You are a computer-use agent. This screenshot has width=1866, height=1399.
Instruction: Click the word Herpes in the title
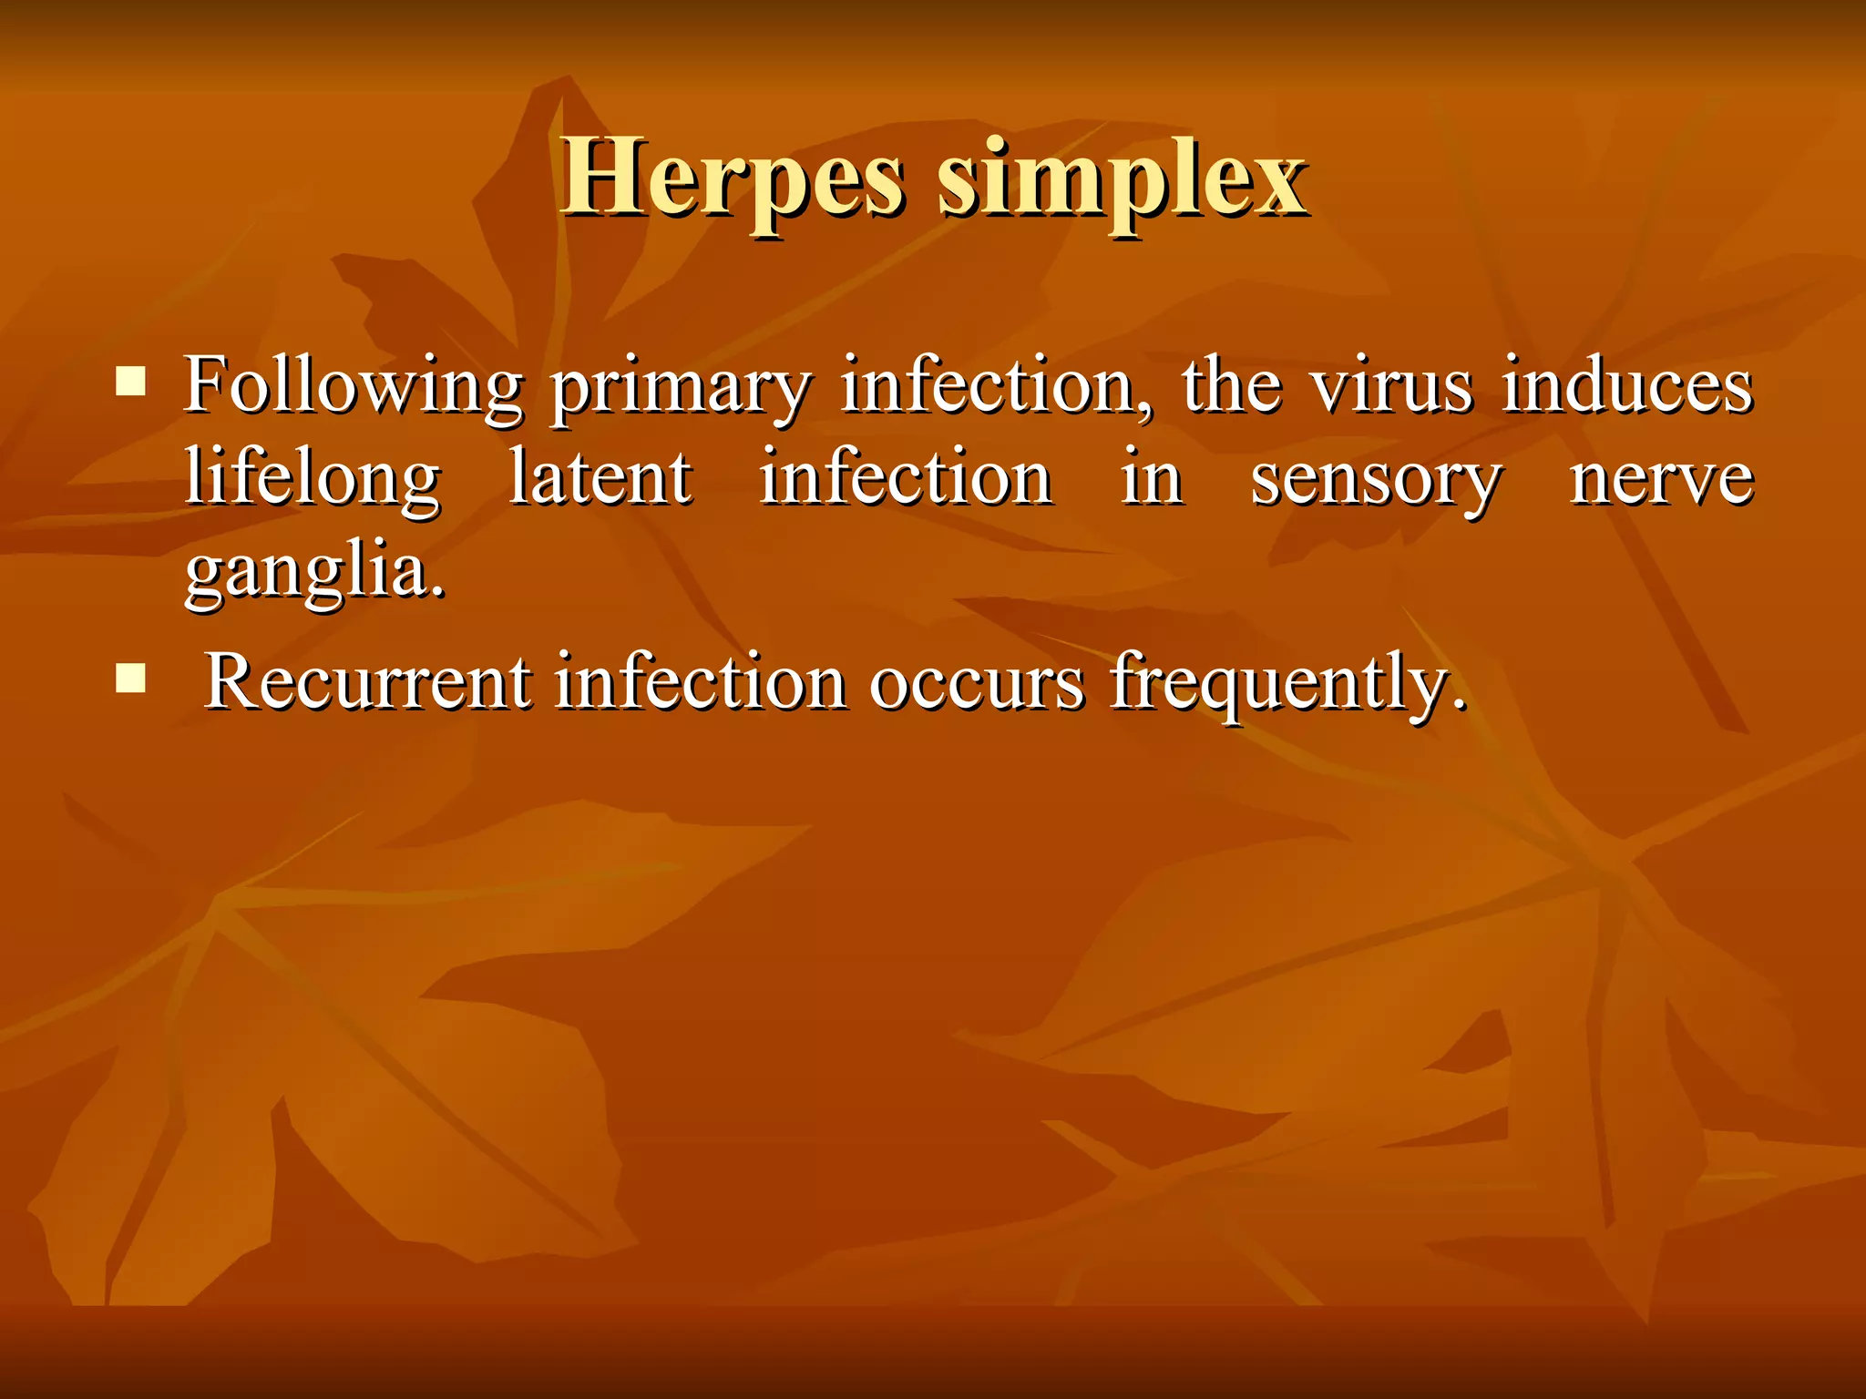tap(733, 179)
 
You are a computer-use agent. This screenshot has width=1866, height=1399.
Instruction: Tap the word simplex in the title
tap(1123, 179)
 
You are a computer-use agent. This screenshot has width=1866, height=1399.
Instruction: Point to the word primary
tap(681, 389)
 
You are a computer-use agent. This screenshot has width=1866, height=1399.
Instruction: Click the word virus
tap(1391, 385)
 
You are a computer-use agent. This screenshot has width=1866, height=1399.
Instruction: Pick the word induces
tap(1627, 385)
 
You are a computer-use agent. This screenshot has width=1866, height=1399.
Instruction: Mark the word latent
tap(600, 478)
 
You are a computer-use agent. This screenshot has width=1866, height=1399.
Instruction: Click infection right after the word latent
tap(906, 478)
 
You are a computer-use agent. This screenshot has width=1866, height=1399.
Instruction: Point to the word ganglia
tap(315, 574)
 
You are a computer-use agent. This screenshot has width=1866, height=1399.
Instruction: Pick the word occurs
tap(977, 683)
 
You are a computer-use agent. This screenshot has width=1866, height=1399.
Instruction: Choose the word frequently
tap(1287, 685)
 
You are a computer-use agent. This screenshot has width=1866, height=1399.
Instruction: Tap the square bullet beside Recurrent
tap(131, 678)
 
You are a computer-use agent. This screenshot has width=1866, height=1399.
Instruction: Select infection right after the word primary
tap(996, 385)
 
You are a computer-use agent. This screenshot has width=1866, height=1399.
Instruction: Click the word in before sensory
tap(1152, 478)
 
